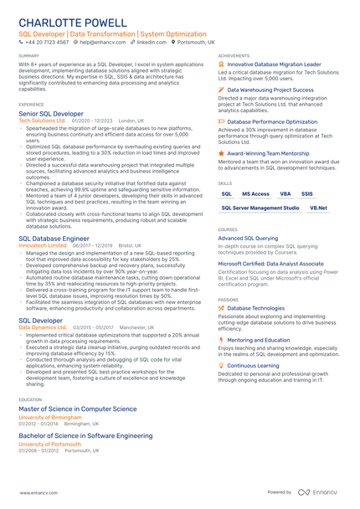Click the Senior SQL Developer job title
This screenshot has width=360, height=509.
[51, 113]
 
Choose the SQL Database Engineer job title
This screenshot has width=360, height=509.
[54, 239]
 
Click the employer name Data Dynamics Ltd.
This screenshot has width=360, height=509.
[43, 327]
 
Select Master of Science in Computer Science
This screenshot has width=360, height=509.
[77, 409]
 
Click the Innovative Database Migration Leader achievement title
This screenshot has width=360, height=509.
[274, 64]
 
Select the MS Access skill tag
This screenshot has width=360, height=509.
[255, 193]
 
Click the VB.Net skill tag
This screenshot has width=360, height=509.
[318, 208]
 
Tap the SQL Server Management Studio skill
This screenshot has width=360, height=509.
[260, 208]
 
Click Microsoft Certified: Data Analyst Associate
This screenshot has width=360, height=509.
[270, 263]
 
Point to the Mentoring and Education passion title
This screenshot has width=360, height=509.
[264, 340]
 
